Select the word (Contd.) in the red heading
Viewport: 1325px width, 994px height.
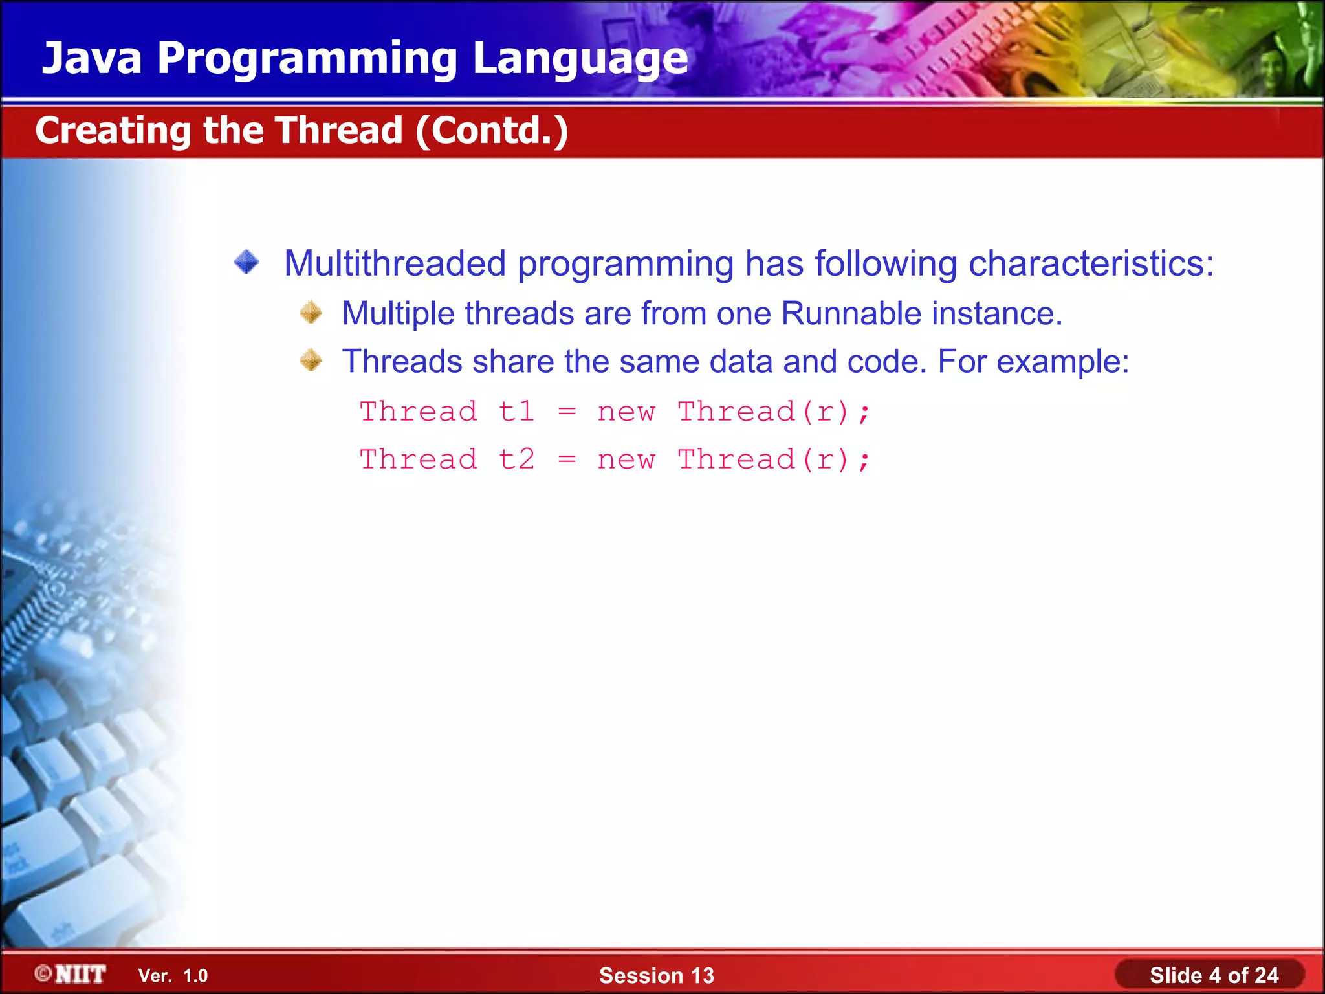492,131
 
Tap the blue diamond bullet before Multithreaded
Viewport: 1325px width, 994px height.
246,262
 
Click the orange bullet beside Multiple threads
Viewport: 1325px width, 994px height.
311,313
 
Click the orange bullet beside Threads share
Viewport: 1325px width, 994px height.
311,360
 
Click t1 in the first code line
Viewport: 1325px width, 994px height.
516,412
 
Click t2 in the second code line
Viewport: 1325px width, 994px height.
516,459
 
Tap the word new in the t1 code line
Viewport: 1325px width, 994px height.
626,412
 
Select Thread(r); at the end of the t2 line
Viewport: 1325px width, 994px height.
774,459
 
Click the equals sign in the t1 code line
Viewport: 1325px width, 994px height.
567,412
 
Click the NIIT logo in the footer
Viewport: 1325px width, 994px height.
71,974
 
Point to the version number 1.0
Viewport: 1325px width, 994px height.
195,976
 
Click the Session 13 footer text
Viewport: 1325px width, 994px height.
656,975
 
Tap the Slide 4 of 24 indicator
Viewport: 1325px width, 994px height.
1213,975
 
